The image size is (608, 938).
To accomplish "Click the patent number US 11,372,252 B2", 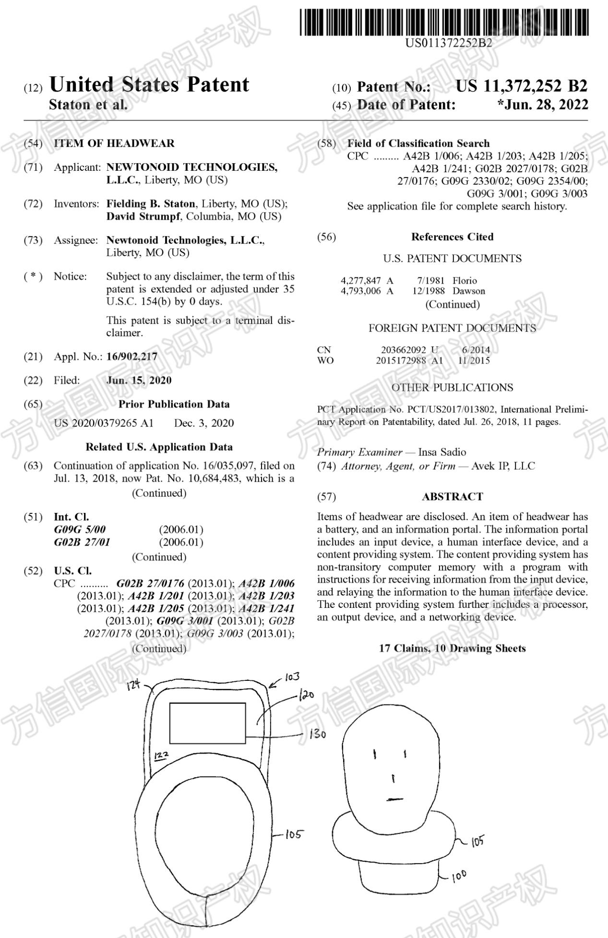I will tap(521, 86).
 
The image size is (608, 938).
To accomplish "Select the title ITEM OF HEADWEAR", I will tap(114, 143).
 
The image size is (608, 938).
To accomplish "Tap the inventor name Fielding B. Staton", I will tap(151, 204).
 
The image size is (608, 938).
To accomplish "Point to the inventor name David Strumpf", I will tap(143, 216).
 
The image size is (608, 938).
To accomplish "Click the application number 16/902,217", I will tap(131, 356).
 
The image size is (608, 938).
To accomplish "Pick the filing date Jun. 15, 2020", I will tap(139, 380).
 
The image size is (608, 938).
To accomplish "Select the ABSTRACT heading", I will tap(452, 497).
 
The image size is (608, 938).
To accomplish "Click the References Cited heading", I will tap(452, 237).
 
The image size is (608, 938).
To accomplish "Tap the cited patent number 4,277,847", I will tap(361, 281).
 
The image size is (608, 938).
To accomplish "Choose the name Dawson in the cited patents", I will tap(469, 291).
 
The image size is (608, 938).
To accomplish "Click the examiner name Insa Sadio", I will tap(442, 452).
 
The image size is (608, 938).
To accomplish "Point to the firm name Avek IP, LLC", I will tap(503, 466).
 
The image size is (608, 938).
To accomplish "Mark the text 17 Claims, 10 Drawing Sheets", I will tap(452, 648).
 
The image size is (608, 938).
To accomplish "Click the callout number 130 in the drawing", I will tap(317, 734).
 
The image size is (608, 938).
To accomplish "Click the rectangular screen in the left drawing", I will tap(207, 723).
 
